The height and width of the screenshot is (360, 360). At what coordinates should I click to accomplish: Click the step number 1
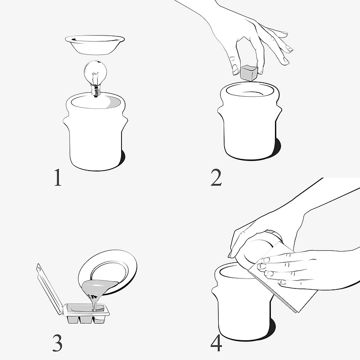coord(58,177)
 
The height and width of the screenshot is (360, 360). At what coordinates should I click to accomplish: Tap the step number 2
coord(216,177)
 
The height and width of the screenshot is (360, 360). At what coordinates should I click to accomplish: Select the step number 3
coord(58,343)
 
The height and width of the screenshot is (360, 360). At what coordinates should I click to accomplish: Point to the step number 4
coord(216,343)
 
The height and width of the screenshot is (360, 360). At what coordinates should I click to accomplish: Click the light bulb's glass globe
coord(95,72)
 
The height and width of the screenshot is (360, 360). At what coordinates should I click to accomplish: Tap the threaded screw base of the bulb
coord(96,91)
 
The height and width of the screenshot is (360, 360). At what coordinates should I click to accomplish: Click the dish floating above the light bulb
coord(95,45)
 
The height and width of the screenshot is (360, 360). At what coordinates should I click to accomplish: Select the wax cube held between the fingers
coord(249,72)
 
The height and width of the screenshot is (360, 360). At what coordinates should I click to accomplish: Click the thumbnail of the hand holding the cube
coord(235,69)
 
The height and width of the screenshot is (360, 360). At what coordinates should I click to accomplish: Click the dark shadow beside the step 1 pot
coord(122,158)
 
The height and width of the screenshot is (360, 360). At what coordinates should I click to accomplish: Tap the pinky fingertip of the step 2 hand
coord(286,61)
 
